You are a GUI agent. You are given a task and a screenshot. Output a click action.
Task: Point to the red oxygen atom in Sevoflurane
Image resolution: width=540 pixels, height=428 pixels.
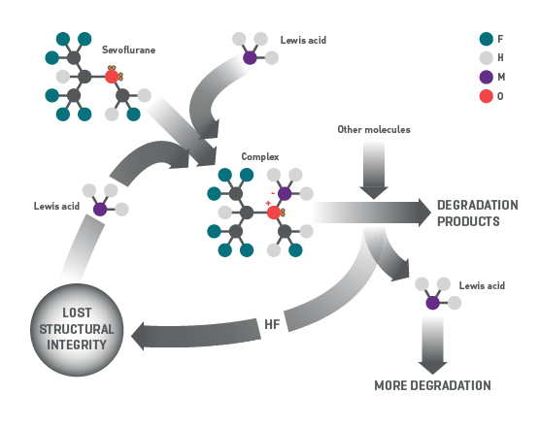click(x=111, y=76)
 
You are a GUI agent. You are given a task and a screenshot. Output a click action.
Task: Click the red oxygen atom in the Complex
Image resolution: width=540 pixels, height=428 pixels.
click(x=274, y=212)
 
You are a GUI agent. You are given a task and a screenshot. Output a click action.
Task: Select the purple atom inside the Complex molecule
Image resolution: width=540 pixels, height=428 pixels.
click(x=285, y=193)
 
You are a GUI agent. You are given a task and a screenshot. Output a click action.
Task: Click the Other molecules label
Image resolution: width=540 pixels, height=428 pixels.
click(x=374, y=129)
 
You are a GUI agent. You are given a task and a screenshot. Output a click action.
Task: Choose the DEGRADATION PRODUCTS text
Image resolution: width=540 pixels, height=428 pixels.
click(x=477, y=213)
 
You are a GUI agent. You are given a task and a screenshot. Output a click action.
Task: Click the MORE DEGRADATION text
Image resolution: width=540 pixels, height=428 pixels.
click(x=432, y=385)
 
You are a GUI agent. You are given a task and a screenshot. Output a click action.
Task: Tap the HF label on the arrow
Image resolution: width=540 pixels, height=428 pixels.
click(x=273, y=324)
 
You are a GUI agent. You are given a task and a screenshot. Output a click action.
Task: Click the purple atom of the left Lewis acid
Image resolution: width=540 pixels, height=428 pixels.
click(x=100, y=209)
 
